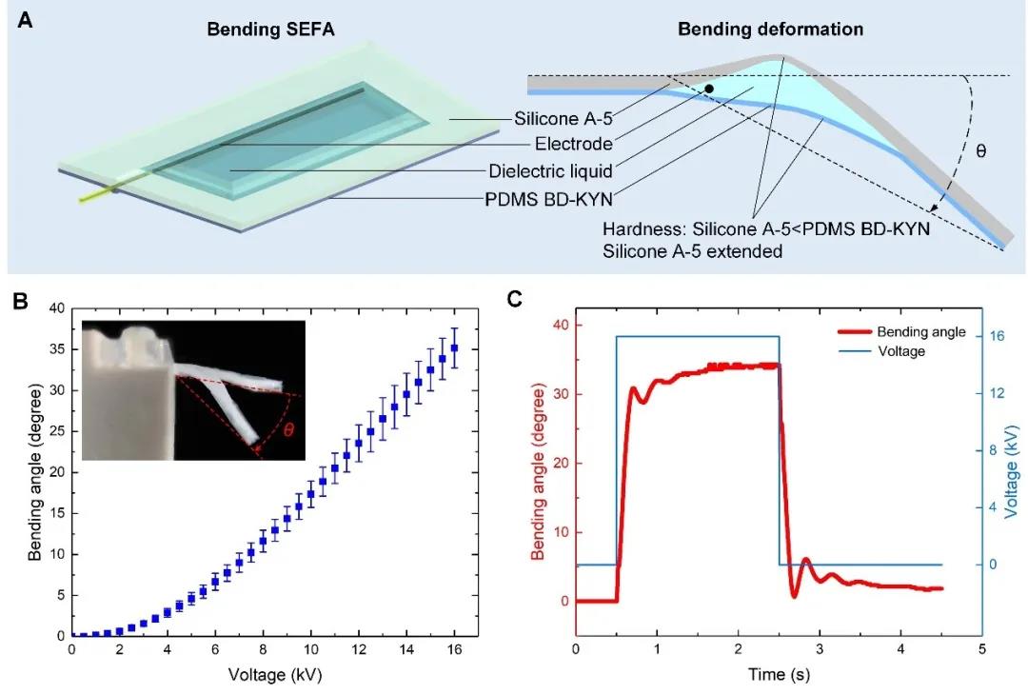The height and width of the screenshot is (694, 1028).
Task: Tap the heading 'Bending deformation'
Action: point(770,30)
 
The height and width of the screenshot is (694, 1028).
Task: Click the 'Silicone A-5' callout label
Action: point(556,118)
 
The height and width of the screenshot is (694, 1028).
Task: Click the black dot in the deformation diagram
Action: point(708,89)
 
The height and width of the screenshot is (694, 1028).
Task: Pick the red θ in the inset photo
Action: point(288,429)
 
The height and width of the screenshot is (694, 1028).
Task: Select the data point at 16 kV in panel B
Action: point(454,348)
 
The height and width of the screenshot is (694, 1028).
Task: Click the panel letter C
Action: point(515,300)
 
